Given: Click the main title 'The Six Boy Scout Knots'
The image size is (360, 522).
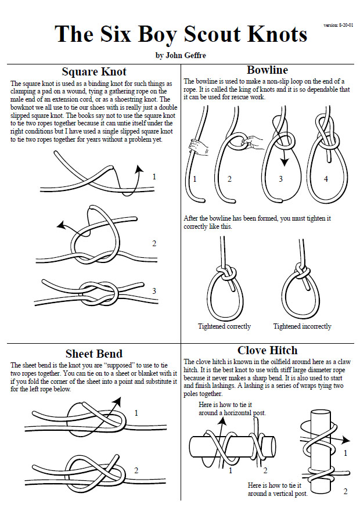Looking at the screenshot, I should click(181, 34).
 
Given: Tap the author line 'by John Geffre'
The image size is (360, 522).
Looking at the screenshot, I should click(181, 56).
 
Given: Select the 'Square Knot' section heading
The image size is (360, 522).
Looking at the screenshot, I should click(93, 72).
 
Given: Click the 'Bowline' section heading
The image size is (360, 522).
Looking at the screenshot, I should click(267, 70).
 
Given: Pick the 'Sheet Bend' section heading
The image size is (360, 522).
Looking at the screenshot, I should click(93, 354).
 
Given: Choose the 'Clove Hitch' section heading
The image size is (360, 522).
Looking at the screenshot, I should click(267, 350).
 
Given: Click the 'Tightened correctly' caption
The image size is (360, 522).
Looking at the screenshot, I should click(224, 326).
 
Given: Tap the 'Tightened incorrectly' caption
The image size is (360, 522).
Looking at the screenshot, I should click(302, 326).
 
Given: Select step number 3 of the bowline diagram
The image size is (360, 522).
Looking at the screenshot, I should click(280, 179).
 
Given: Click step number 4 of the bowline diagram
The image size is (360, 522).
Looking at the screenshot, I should click(326, 179).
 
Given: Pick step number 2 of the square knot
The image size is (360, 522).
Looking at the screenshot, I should click(154, 243).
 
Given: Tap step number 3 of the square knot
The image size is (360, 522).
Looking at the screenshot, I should click(154, 291).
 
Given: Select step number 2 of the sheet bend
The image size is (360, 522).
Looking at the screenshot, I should click(136, 470).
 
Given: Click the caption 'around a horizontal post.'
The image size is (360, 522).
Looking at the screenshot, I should click(232, 413).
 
